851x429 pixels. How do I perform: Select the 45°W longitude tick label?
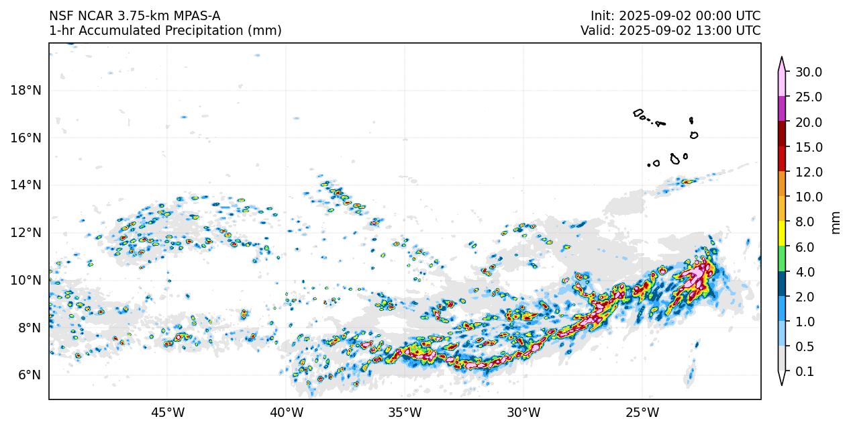point(167,412)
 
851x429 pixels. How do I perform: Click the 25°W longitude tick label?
point(642,412)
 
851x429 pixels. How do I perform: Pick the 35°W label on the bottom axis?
point(405,412)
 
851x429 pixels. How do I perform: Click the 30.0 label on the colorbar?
point(809,72)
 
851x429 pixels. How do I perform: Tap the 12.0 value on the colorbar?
point(809,172)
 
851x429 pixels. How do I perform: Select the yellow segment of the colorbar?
point(782,234)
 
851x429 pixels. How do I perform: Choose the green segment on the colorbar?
point(782,259)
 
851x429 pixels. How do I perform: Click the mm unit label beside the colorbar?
point(836,222)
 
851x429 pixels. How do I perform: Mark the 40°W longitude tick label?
point(286,412)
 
